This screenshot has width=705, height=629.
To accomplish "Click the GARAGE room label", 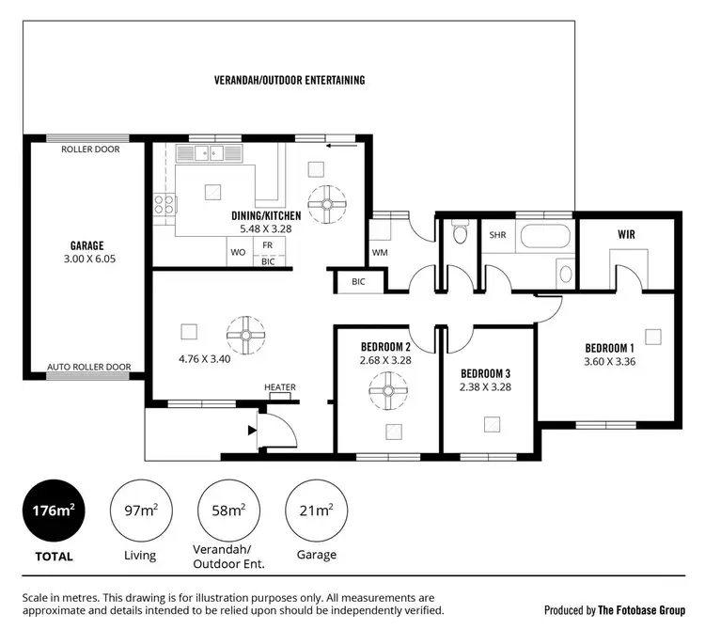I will coord(86,246).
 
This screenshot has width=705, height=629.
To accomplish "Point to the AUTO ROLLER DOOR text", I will coord(90,367).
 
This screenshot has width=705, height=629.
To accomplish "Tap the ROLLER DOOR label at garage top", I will coord(90,149).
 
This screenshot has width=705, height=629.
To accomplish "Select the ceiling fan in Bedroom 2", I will coord(385,386).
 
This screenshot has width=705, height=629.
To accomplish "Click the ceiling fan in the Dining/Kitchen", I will coord(328,202).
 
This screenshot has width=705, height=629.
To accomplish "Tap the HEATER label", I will coord(279,387).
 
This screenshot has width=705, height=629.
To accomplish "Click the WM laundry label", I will coord(380,252).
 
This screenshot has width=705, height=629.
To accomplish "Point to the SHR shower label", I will coord(496,236).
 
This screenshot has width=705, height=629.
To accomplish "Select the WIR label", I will coord(628,233).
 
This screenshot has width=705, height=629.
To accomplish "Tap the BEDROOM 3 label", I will coord(485,372).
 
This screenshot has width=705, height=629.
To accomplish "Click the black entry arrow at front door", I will coord(250,431).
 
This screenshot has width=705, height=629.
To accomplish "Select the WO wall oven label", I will coord(238,252).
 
